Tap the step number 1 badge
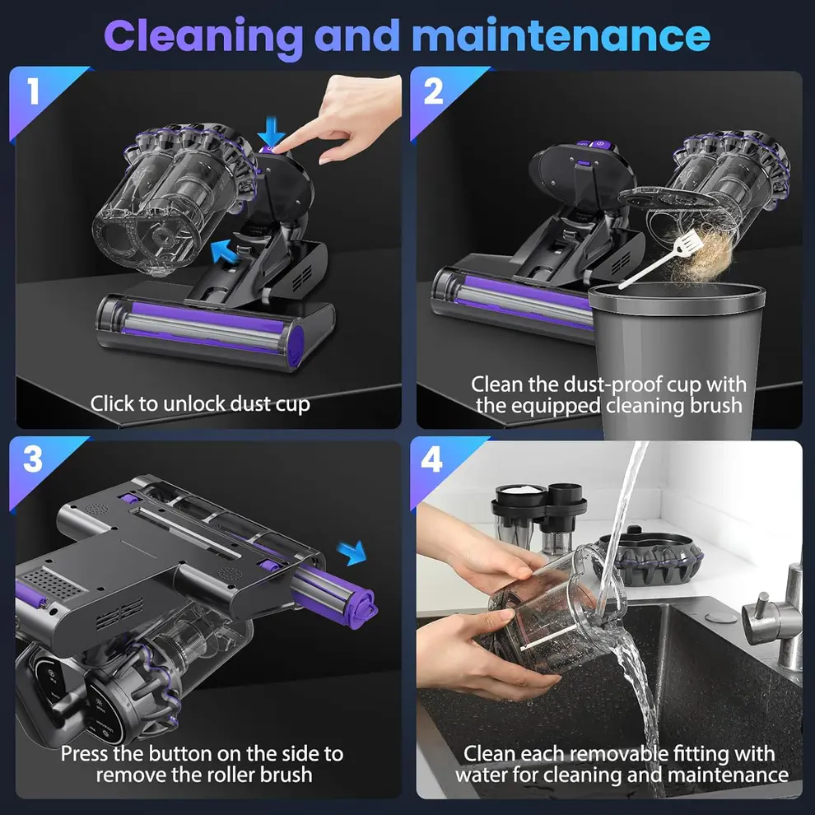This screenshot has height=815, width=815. click(33, 92)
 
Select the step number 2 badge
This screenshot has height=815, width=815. click(434, 92)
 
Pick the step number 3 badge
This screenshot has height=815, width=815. click(33, 460)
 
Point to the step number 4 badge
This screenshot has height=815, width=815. click(433, 460)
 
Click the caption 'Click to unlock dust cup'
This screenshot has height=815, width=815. click(200, 403)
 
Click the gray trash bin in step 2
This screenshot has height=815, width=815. click(675, 354)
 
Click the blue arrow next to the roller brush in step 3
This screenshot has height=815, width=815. click(353, 553)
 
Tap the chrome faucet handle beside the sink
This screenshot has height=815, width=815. click(761, 613)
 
